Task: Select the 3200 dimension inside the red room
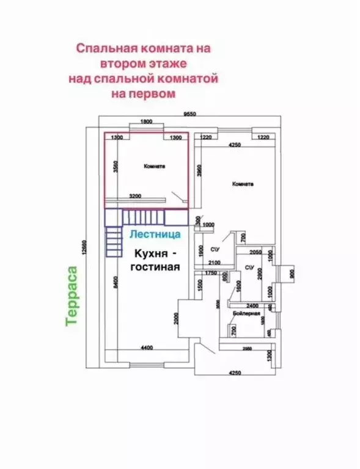click(x=135, y=196)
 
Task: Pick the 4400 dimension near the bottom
click(x=146, y=347)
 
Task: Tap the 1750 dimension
click(x=211, y=272)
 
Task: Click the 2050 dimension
click(x=255, y=252)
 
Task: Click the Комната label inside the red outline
click(x=155, y=166)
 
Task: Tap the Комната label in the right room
click(x=242, y=184)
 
